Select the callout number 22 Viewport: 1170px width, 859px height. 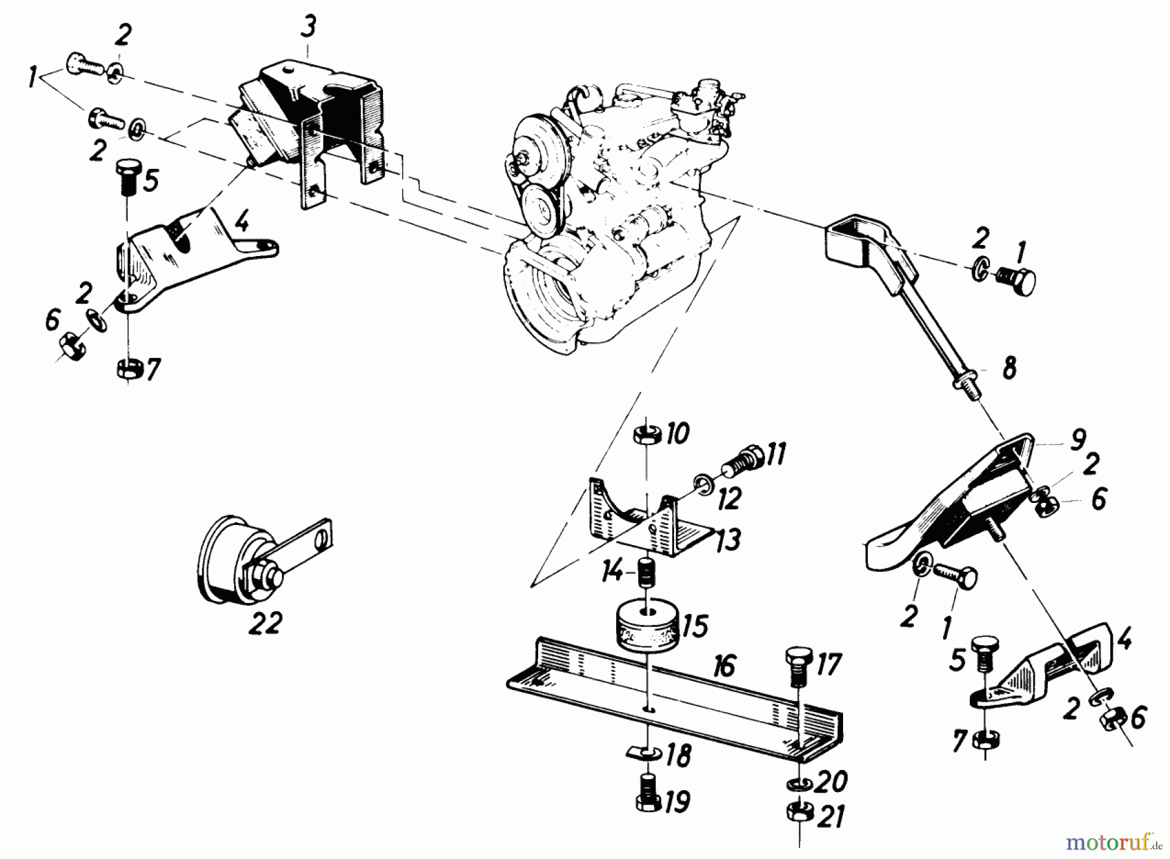tap(265, 624)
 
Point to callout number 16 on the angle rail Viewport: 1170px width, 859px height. tap(723, 666)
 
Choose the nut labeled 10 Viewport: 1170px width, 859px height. tap(647, 434)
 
